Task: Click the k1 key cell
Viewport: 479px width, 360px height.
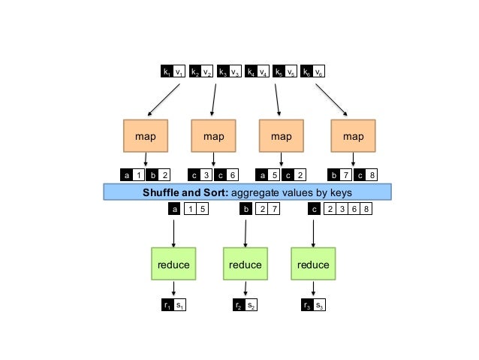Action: coord(166,72)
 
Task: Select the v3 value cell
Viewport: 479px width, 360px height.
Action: coord(234,72)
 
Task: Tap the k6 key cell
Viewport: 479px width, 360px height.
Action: coord(306,72)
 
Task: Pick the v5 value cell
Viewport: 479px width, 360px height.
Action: coord(291,72)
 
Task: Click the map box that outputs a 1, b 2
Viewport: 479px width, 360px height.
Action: coord(145,136)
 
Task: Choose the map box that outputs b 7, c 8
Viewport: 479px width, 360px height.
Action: coord(353,136)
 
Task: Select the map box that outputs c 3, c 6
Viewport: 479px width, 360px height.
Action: coord(213,136)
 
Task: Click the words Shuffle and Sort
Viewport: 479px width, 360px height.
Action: coord(180,192)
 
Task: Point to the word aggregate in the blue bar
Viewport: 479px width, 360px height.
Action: coord(249,192)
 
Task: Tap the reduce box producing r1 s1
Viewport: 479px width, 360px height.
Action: coord(173,265)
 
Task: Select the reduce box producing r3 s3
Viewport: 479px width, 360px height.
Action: coord(313,265)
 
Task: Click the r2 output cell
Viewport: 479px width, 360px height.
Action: coord(236,305)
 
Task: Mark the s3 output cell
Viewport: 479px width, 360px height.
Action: coord(319,305)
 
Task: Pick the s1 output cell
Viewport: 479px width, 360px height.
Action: coord(179,305)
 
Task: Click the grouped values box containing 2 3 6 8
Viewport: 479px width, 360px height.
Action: coord(347,210)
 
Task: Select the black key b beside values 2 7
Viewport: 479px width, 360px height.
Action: coord(246,210)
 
